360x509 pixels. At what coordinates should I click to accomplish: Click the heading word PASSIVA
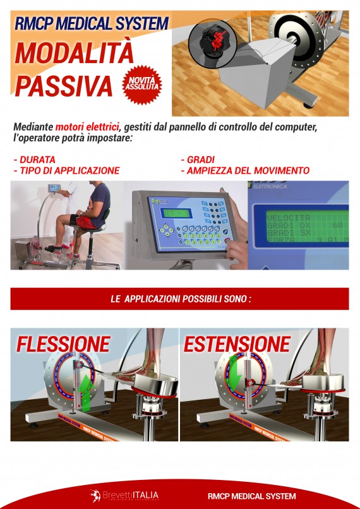[x=63, y=85]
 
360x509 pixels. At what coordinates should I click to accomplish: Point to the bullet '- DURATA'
[x=35, y=159]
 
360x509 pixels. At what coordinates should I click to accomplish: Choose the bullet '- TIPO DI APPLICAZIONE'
[x=66, y=171]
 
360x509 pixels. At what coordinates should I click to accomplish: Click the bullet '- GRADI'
[x=198, y=159]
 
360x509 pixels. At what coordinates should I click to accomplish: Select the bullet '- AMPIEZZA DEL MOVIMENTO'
[x=245, y=171]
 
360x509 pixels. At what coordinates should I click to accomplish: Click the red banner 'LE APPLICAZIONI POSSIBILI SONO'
[x=180, y=299]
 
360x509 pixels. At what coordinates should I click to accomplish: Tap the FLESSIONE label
[x=63, y=344]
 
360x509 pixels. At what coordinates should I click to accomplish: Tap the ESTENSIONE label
[x=236, y=344]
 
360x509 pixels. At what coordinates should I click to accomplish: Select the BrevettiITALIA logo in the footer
[x=124, y=495]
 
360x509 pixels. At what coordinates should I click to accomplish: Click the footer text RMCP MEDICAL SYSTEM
[x=251, y=496]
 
